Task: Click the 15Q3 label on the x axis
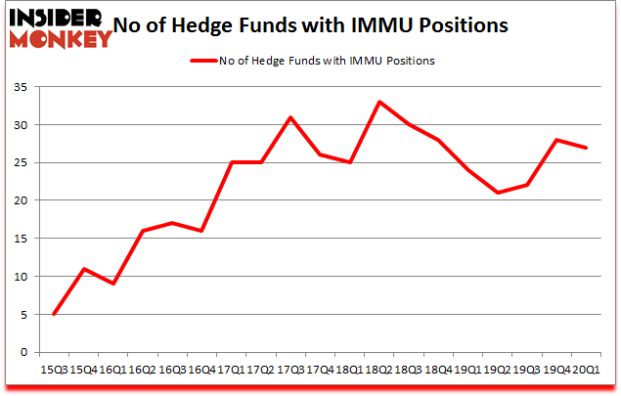click(53, 371)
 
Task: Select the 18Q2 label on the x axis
click(379, 371)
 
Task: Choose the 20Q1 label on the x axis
click(587, 371)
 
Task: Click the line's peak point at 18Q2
click(379, 102)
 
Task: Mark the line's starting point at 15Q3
click(53, 314)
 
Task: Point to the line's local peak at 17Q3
click(290, 117)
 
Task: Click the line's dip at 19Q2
click(498, 193)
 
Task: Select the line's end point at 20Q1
click(587, 148)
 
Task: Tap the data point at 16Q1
click(112, 284)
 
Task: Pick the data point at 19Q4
click(557, 140)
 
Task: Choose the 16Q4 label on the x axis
click(201, 371)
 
